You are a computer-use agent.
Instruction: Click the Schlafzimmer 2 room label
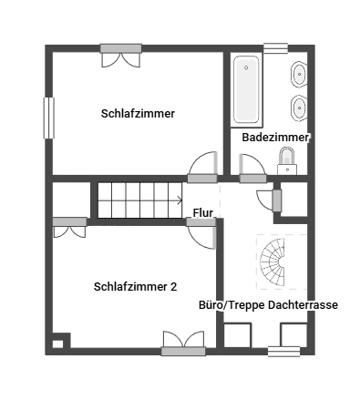(x=135, y=287)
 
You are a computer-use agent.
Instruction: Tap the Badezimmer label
(x=275, y=138)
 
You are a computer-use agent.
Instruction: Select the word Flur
(x=203, y=212)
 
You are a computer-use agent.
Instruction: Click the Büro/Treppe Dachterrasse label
(x=268, y=305)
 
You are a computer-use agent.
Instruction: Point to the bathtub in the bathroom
(x=246, y=90)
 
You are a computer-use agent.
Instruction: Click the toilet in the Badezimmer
(x=287, y=161)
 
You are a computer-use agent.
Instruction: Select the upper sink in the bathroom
(x=299, y=74)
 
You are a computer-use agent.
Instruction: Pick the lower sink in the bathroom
(x=299, y=108)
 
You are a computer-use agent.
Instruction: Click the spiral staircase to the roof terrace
(x=273, y=262)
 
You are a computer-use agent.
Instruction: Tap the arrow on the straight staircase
(x=180, y=200)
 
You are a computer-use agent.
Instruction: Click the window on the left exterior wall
(x=49, y=118)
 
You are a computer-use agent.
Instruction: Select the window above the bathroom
(x=275, y=48)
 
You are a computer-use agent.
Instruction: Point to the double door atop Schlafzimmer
(x=121, y=56)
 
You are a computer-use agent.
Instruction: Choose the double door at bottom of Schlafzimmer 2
(x=183, y=344)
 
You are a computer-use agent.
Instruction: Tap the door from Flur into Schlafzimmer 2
(x=201, y=234)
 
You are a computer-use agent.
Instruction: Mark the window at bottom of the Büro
(x=284, y=352)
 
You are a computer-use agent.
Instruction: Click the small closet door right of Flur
(x=269, y=200)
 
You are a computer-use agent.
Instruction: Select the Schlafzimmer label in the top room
(x=138, y=114)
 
